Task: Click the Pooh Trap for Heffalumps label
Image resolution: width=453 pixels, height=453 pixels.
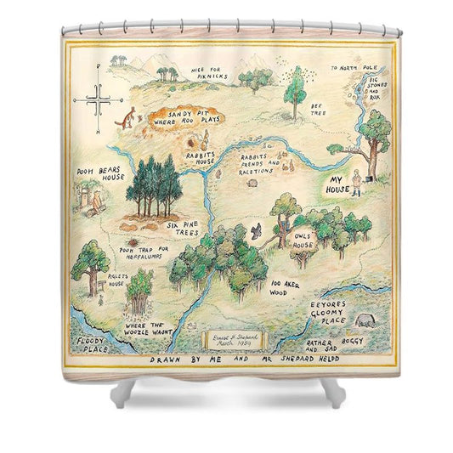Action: coord(144,251)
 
